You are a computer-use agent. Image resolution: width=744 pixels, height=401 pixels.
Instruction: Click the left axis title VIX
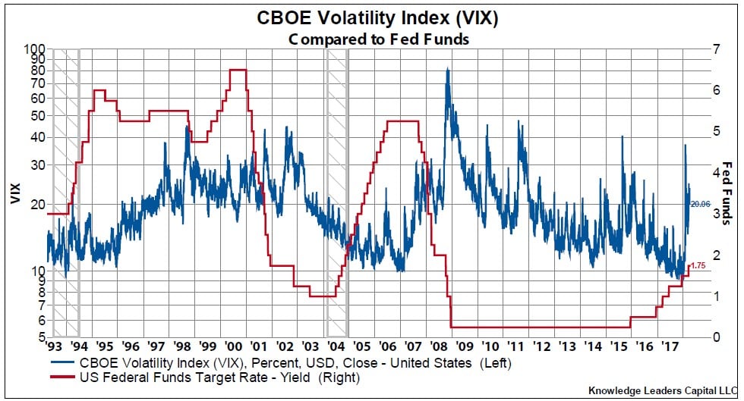(14, 193)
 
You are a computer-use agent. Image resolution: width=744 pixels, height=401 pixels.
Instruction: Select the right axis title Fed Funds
(727, 193)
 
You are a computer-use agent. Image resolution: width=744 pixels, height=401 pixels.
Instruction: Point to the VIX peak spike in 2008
(447, 69)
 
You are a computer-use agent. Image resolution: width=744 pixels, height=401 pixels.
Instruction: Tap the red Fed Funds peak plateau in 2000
(238, 70)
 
